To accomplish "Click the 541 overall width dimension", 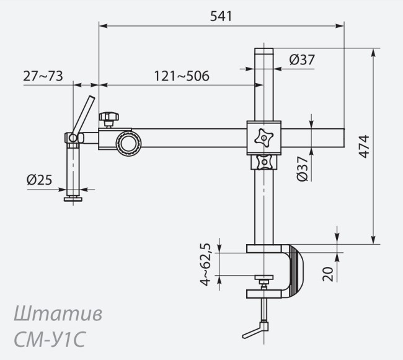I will pyautogui.click(x=220, y=17).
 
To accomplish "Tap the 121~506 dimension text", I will pyautogui.click(x=181, y=76).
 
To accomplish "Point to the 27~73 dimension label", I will pyautogui.click(x=43, y=76).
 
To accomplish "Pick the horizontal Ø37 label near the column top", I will pyautogui.click(x=302, y=60).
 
